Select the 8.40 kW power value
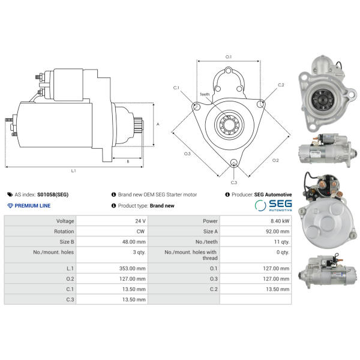(x=280, y=221)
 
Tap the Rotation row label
(x=64, y=231)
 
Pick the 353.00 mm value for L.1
(x=132, y=268)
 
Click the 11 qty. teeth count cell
(x=282, y=242)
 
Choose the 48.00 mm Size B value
(x=134, y=242)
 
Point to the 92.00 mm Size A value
(x=278, y=231)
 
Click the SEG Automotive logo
(x=273, y=205)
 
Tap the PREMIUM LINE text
(x=32, y=205)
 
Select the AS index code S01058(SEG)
(x=53, y=194)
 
